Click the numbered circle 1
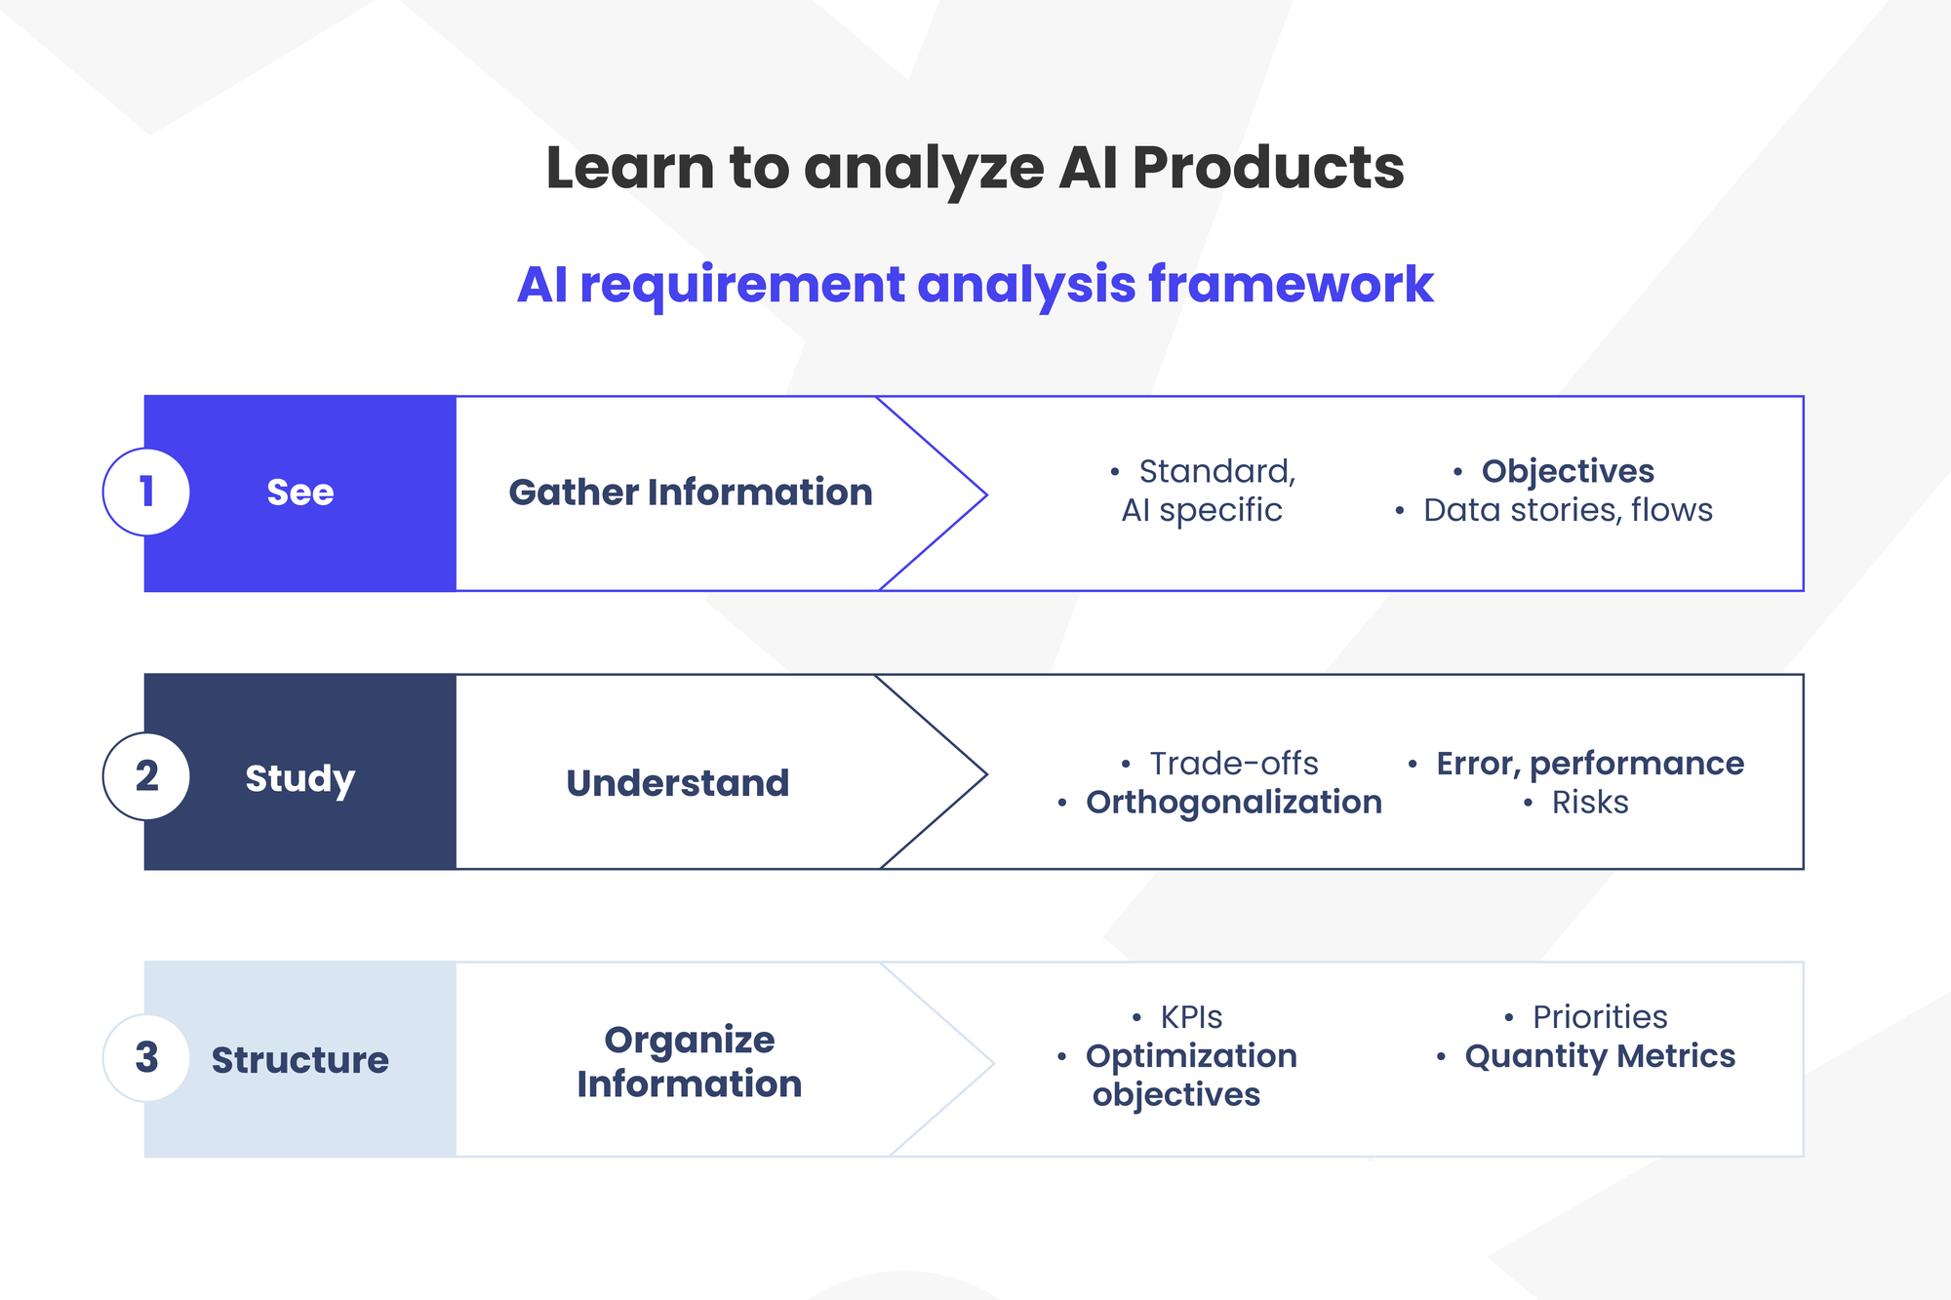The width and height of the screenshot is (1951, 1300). click(x=146, y=492)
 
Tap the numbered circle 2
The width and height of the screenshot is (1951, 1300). click(x=146, y=776)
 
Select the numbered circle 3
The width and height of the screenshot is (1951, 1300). click(x=146, y=1058)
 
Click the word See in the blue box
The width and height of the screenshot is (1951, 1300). click(x=300, y=492)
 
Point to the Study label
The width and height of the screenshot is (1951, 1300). click(x=300, y=779)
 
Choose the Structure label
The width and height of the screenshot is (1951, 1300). click(x=300, y=1060)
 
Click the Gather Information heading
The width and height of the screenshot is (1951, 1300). click(x=691, y=492)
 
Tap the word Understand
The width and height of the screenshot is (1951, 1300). click(x=678, y=783)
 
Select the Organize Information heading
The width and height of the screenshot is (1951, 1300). click(x=690, y=1062)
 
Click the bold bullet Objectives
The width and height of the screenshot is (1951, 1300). click(x=1568, y=471)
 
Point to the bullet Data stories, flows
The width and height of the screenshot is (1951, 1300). click(x=1568, y=510)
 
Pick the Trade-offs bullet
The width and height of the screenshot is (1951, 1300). click(x=1234, y=764)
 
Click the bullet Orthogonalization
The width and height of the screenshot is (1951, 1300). click(x=1234, y=803)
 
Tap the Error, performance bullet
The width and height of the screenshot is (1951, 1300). click(x=1590, y=764)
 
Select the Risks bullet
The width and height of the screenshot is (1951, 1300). click(x=1590, y=803)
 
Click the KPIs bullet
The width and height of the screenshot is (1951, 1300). click(x=1191, y=1017)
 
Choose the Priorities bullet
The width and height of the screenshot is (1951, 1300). click(x=1600, y=1017)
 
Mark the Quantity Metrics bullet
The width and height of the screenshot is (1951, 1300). click(x=1600, y=1056)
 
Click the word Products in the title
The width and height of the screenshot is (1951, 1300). click(x=1268, y=168)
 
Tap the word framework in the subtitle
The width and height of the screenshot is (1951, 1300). click(x=1291, y=285)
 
